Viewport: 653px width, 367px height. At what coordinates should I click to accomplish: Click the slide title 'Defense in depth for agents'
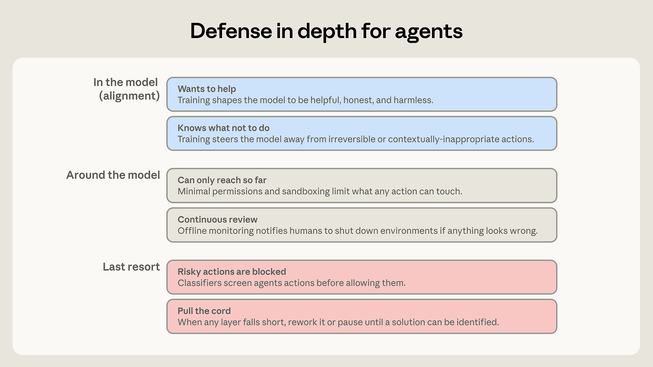(x=326, y=31)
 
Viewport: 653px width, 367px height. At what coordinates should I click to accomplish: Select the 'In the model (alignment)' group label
(x=126, y=89)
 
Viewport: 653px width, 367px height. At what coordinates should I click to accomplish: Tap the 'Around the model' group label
(x=113, y=175)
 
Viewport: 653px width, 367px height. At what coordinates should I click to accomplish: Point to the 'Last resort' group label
(x=131, y=267)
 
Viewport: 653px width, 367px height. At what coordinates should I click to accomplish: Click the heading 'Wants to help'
(x=207, y=89)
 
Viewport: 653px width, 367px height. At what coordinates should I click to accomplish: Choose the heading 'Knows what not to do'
(x=223, y=128)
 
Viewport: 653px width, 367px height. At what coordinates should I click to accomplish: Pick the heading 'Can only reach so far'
(x=222, y=180)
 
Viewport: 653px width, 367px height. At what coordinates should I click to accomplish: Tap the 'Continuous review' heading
(x=218, y=219)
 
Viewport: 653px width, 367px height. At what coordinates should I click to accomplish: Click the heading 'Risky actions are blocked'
(x=232, y=272)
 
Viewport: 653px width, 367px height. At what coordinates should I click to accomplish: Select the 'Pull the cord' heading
(x=204, y=311)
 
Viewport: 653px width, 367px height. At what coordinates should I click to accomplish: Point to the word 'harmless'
(x=414, y=100)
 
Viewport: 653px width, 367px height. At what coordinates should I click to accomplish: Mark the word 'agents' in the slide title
(x=429, y=32)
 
